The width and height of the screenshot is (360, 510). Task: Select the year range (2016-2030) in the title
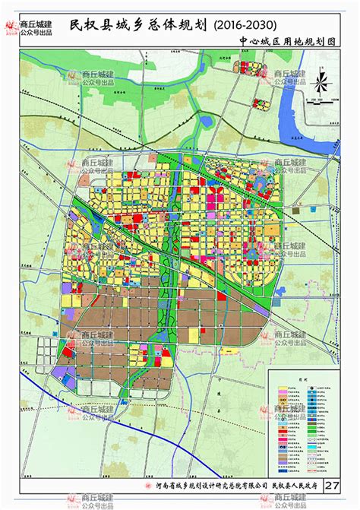point(247,25)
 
